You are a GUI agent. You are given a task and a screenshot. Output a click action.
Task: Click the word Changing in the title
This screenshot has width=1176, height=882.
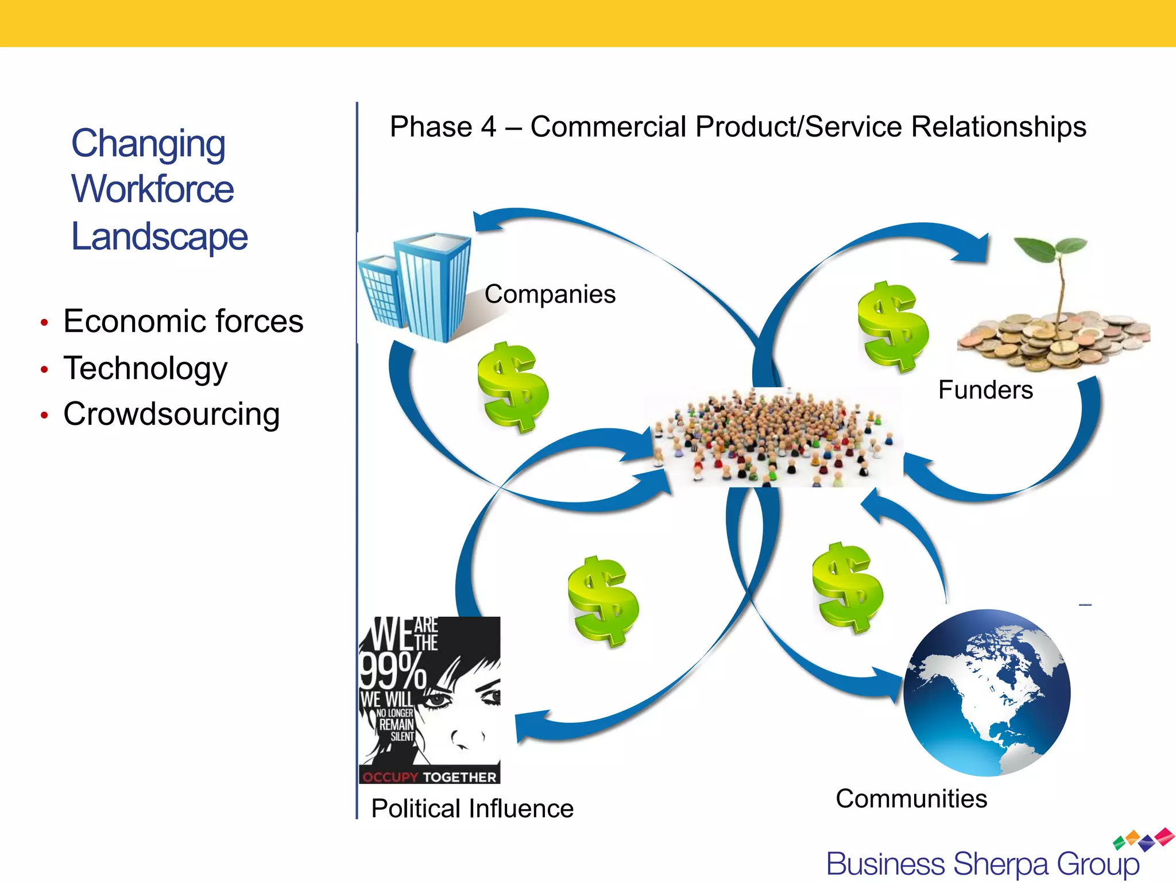coord(148,144)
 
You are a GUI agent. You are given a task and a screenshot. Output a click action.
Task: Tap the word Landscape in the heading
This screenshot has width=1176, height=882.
coord(159,237)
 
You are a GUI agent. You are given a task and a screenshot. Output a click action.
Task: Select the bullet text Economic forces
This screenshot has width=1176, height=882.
coord(183,321)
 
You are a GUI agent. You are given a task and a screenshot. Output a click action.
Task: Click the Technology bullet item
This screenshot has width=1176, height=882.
coord(145,368)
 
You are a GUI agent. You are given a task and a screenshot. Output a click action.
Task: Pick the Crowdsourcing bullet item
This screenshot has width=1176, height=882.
coord(171,414)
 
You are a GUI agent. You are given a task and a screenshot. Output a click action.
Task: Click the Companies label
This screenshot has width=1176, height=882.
coord(550,294)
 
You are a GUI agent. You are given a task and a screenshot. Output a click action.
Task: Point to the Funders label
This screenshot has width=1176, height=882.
coord(985,390)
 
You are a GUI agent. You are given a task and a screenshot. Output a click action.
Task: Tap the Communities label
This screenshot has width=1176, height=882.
coord(911,799)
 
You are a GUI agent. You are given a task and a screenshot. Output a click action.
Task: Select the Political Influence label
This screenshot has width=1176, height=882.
coord(472,808)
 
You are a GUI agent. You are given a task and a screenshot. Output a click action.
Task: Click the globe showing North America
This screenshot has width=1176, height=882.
coord(987,693)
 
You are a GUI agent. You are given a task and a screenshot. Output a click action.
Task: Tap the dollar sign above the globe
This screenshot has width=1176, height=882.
coord(848,587)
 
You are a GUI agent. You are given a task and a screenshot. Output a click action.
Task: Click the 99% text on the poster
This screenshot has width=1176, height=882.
coord(392,670)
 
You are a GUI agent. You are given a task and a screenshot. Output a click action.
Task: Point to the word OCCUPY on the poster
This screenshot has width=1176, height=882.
coord(390,777)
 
